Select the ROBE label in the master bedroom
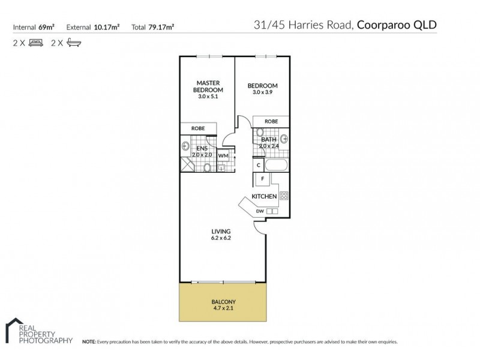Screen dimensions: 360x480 click(197, 128)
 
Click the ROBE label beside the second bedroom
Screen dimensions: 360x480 click(271, 121)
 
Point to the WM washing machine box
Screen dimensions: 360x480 click(223, 155)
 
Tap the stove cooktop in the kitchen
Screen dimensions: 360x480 click(284, 196)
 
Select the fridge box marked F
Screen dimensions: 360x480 click(262, 179)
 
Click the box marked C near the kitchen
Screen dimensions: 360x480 click(258, 164)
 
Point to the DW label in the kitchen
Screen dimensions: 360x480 click(260, 211)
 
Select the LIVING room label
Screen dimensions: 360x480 click(220, 231)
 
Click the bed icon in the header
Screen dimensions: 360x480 click(35, 43)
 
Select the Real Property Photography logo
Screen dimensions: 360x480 click(38, 332)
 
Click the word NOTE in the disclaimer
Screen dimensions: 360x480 click(89, 341)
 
